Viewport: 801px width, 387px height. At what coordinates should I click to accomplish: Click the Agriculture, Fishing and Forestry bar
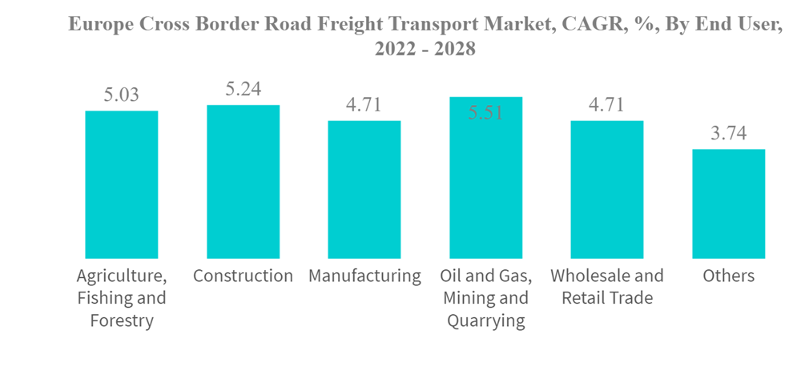point(122,184)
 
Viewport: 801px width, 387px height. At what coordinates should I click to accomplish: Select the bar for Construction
point(243,181)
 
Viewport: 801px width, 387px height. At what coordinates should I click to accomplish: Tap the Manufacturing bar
point(364,189)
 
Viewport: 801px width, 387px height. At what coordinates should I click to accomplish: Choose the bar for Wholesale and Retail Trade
point(606,189)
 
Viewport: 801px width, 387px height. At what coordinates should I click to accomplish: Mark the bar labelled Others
point(728,204)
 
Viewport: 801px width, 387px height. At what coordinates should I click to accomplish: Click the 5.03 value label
point(122,95)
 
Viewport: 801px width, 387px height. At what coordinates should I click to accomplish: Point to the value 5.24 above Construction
point(243,89)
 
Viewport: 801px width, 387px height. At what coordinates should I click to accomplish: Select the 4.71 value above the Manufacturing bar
point(364,105)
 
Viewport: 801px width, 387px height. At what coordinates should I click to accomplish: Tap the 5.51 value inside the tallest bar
point(485,113)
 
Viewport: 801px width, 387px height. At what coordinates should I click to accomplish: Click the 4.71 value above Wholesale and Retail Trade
point(606,105)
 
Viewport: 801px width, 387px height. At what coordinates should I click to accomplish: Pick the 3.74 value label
point(728,134)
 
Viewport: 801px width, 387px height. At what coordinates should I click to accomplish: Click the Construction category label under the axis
point(243,276)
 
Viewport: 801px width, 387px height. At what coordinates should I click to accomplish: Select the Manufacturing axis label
point(364,276)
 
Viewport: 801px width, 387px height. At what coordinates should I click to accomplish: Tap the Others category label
point(728,276)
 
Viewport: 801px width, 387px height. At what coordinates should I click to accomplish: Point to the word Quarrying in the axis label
point(485,321)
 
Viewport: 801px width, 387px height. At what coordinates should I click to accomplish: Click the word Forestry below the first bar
point(122,321)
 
